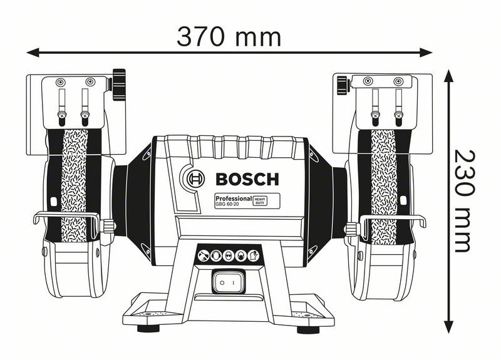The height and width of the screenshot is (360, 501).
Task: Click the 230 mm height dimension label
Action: click(463, 200)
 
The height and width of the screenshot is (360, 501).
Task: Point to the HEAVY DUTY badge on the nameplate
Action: click(260, 200)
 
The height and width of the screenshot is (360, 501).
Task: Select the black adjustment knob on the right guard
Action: click(341, 84)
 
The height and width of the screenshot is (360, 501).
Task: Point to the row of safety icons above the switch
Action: click(229, 255)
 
